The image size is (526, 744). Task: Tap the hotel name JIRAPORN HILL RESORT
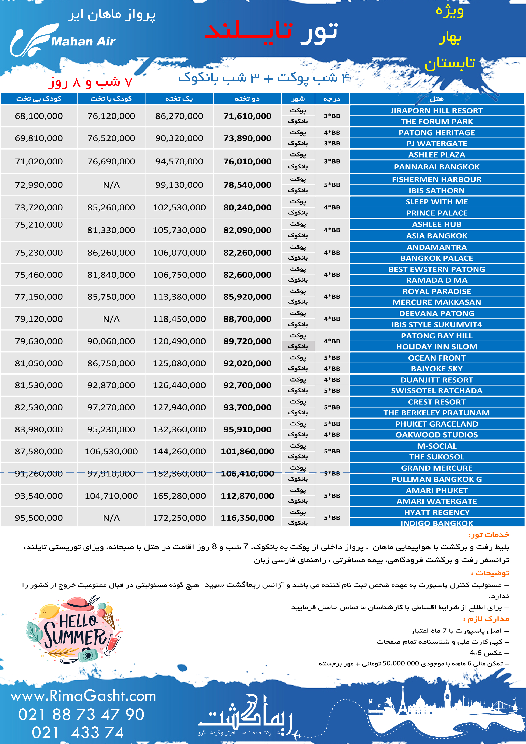coord(436,111)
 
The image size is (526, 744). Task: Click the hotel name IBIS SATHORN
coord(436,190)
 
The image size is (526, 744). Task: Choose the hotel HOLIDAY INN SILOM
coord(436,347)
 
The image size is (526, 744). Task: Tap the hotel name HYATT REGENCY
coord(436,512)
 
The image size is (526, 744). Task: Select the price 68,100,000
coord(39,116)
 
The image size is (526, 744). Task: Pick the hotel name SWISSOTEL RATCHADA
coord(436,391)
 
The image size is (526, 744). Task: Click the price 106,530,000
coord(111,451)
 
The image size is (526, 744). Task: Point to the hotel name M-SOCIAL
coord(436,446)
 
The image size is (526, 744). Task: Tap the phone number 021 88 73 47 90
coord(81,715)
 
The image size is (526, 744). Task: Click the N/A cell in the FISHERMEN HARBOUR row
coord(111,185)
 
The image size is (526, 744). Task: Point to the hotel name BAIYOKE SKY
coord(436,369)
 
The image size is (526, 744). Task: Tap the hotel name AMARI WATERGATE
coord(436,501)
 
